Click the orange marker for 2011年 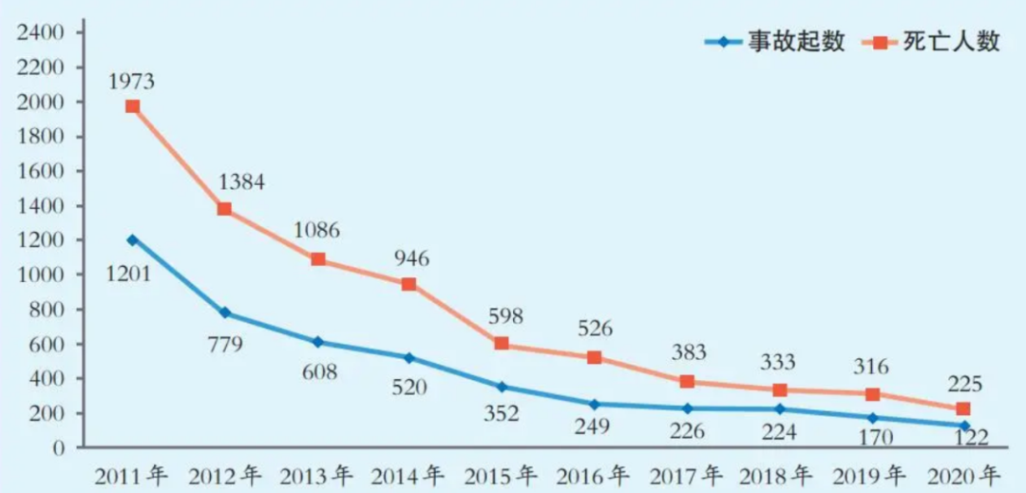click(x=132, y=106)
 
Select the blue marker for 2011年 click(x=132, y=240)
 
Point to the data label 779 click(x=225, y=344)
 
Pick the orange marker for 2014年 click(x=408, y=284)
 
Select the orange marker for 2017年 click(x=687, y=382)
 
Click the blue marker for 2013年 click(x=317, y=342)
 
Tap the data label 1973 click(x=131, y=81)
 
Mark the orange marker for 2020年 click(x=963, y=409)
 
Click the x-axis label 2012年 click(x=225, y=473)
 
